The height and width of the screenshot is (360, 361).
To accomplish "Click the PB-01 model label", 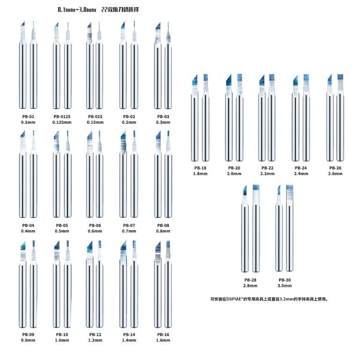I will pyautogui.click(x=28, y=116).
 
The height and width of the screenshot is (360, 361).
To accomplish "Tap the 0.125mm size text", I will pyautogui.click(x=62, y=122).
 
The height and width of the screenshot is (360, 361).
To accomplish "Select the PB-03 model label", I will pyautogui.click(x=163, y=116).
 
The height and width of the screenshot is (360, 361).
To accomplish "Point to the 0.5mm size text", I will pyautogui.click(x=62, y=231).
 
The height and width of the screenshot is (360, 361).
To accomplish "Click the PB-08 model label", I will pyautogui.click(x=163, y=225).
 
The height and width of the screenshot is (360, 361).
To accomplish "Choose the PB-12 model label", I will pyautogui.click(x=96, y=335).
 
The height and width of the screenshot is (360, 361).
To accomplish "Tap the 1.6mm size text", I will pyautogui.click(x=163, y=340).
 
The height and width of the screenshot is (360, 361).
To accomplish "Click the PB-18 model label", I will pyautogui.click(x=200, y=168).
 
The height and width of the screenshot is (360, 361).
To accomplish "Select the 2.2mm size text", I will pyautogui.click(x=267, y=173).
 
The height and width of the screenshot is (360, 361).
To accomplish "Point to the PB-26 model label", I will pyautogui.click(x=335, y=168).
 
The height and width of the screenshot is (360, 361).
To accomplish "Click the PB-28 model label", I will pyautogui.click(x=250, y=280).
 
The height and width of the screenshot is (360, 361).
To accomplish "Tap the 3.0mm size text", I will pyautogui.click(x=284, y=285).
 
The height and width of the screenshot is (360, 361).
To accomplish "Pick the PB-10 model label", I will pyautogui.click(x=62, y=335).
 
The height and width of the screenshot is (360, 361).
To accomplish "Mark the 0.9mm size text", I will pyautogui.click(x=28, y=340).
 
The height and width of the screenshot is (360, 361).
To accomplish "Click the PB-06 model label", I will pyautogui.click(x=96, y=225).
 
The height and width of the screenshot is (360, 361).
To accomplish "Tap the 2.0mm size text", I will pyautogui.click(x=234, y=173).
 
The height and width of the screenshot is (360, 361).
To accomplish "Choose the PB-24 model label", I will pyautogui.click(x=301, y=168).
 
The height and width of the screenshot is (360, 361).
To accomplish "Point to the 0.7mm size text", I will pyautogui.click(x=129, y=231).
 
